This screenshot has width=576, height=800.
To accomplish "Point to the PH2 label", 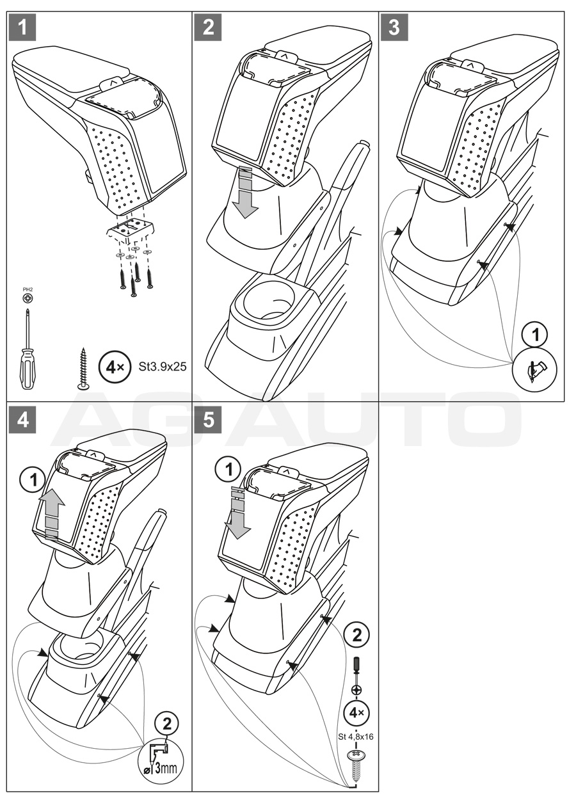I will click(28, 289).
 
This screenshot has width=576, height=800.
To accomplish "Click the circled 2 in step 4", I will click(167, 725).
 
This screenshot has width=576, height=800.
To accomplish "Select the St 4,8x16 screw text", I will click(355, 736).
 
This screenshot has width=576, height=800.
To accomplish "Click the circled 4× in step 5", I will click(356, 712).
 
